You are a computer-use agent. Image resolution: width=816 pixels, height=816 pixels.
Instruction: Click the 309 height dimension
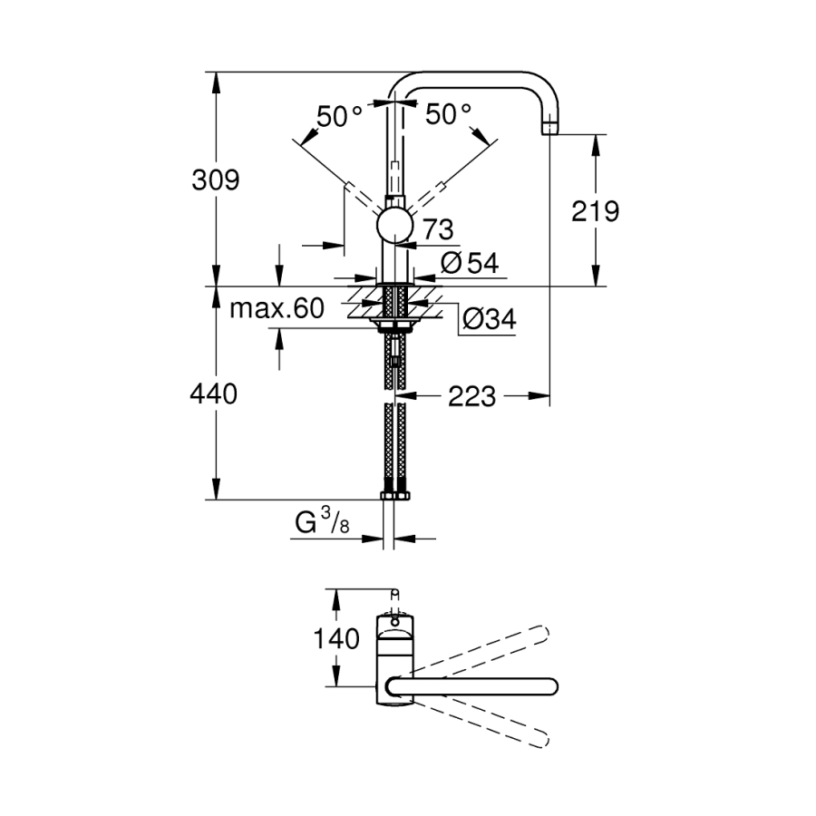215,180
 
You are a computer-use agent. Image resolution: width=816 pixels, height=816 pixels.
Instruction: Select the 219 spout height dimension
597,211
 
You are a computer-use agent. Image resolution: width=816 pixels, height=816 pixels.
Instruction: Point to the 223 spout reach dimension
471,395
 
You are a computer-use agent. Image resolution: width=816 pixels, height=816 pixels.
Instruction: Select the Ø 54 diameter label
470,263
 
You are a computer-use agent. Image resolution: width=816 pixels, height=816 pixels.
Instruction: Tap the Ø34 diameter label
488,319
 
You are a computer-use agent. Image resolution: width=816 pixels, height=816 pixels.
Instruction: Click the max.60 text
276,309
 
